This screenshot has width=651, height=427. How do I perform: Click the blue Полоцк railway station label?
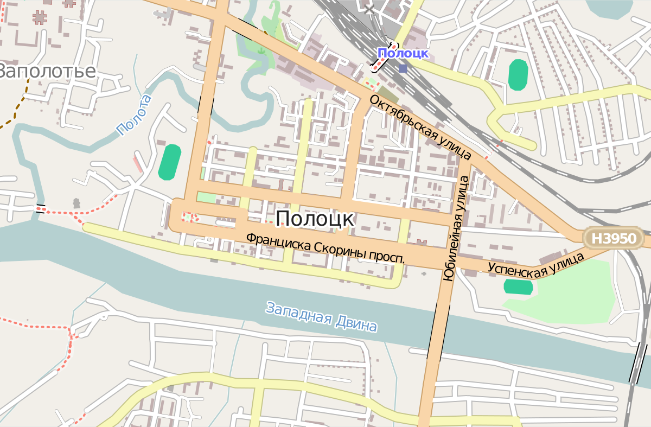click(403, 53)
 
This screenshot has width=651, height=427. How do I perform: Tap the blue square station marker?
click(403, 68)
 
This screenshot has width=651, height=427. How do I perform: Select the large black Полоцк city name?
click(315, 219)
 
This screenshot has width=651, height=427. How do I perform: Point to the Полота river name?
click(133, 115)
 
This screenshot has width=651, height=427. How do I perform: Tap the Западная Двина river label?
click(321, 316)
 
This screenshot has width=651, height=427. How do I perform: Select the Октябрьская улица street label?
click(420, 127)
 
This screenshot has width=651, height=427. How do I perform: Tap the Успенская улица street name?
click(535, 264)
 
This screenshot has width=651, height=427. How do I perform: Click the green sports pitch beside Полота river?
click(170, 162)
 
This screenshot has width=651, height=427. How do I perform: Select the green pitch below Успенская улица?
click(518, 286)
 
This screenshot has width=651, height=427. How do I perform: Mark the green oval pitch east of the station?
click(518, 74)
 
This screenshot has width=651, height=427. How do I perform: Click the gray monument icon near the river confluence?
click(76, 203)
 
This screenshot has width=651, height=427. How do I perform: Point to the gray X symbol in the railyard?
click(369, 9)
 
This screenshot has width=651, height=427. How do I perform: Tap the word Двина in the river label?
click(356, 323)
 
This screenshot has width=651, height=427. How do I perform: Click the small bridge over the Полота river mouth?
click(40, 208)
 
